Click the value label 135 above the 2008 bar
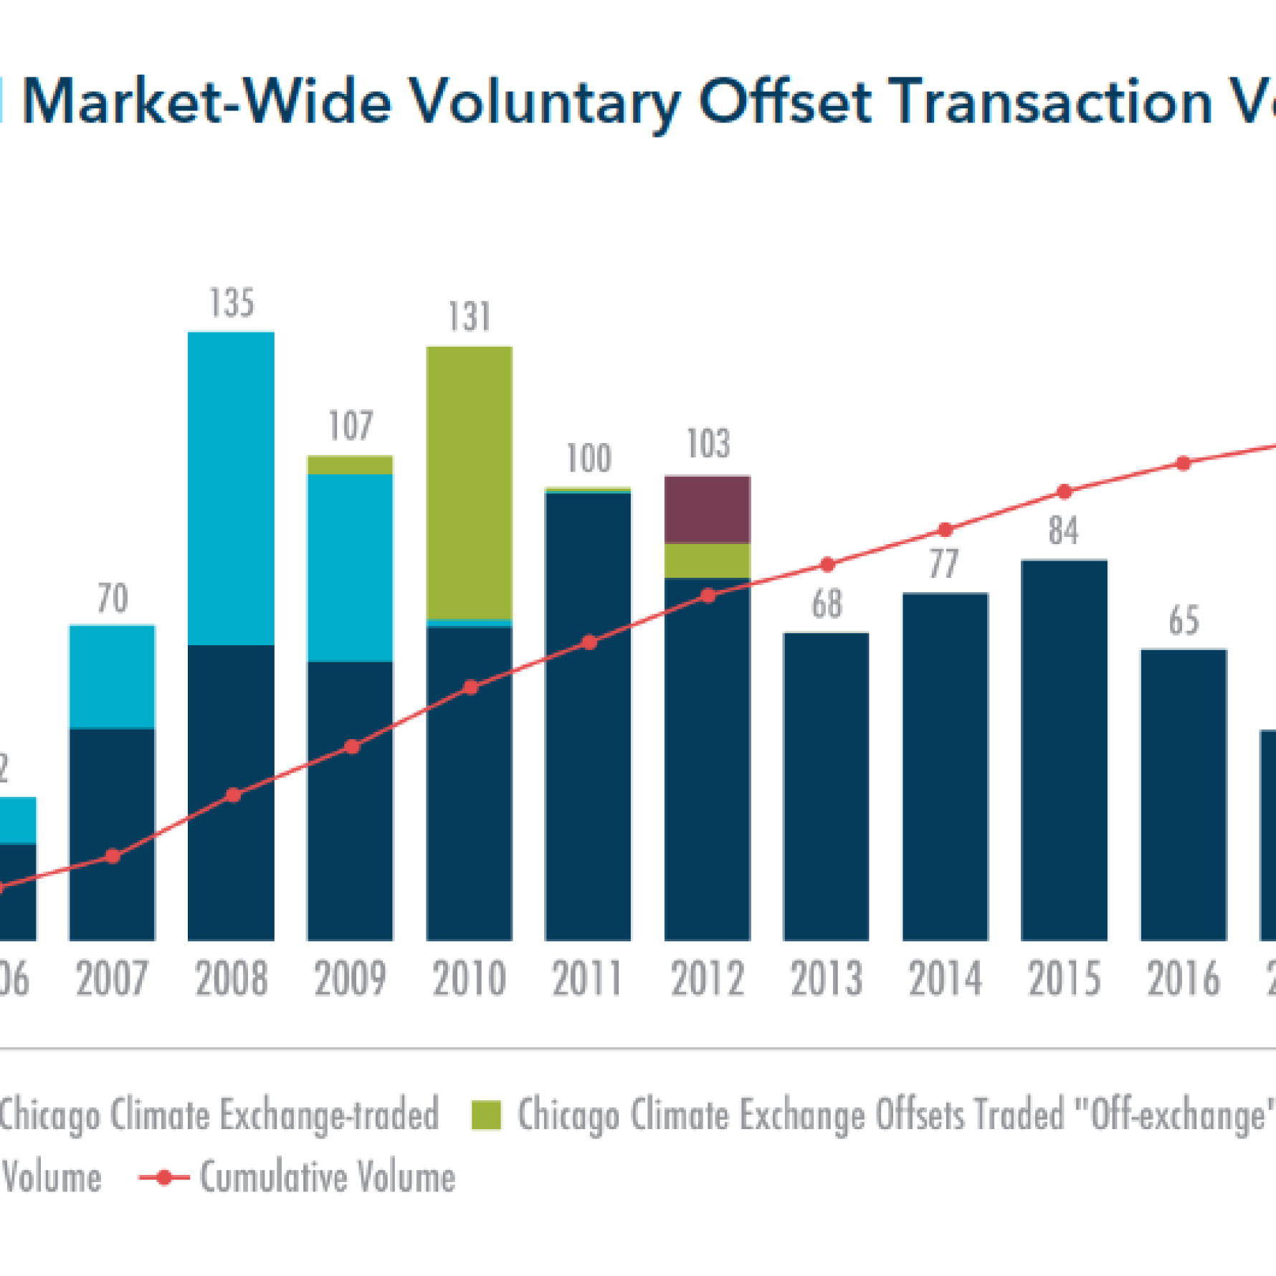(x=232, y=303)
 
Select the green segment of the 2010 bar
(x=469, y=482)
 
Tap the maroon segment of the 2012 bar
(x=707, y=509)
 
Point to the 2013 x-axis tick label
(x=826, y=979)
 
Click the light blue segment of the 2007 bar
(x=112, y=676)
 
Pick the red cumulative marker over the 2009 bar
(x=352, y=747)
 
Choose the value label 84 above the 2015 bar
(x=1063, y=531)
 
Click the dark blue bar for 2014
(x=945, y=767)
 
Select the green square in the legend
(x=486, y=1115)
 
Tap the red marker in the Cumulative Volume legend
(x=164, y=1177)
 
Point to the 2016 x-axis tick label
(x=1183, y=979)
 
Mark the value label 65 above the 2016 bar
(x=1184, y=621)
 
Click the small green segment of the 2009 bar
(x=350, y=465)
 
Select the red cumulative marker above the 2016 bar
(x=1184, y=464)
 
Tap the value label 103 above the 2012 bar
(x=708, y=444)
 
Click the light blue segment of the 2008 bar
(x=231, y=487)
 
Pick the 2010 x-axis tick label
(x=469, y=979)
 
